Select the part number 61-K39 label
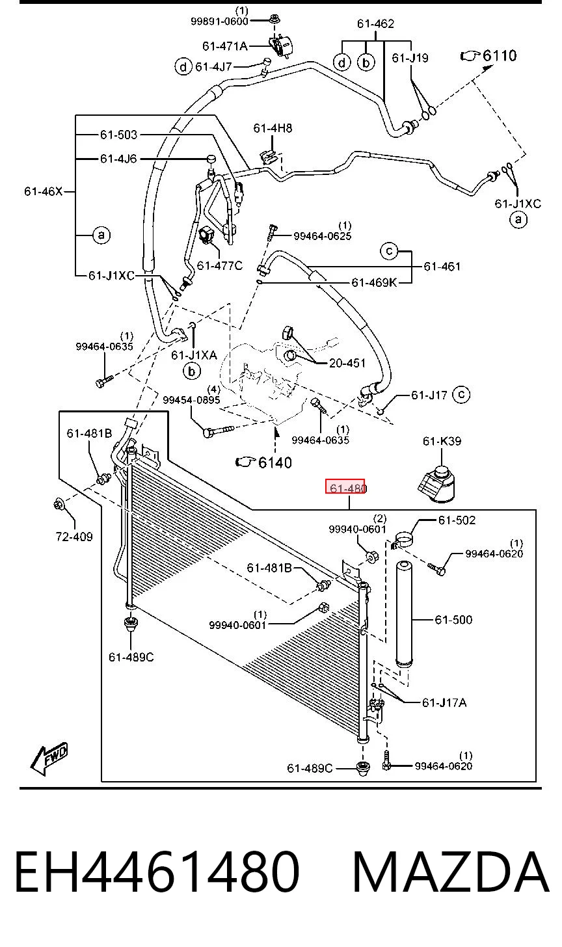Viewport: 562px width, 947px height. (x=442, y=441)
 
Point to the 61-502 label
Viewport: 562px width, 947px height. (x=457, y=520)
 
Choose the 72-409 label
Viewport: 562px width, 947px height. (x=74, y=537)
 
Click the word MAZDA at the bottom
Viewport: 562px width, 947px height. (x=451, y=872)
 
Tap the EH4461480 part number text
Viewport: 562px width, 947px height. (x=157, y=872)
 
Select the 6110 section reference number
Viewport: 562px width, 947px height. (x=500, y=55)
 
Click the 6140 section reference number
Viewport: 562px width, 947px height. (x=275, y=462)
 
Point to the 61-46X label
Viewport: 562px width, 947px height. (x=43, y=191)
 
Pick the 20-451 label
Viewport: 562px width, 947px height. (x=347, y=363)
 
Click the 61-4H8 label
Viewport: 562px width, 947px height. (x=273, y=128)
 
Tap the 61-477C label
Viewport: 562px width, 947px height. (x=220, y=265)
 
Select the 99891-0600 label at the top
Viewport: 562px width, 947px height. (x=219, y=21)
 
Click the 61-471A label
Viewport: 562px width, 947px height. (x=225, y=46)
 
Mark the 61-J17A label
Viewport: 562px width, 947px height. (x=444, y=702)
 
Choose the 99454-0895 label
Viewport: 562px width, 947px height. (x=192, y=399)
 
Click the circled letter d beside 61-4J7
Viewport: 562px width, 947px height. (x=183, y=67)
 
